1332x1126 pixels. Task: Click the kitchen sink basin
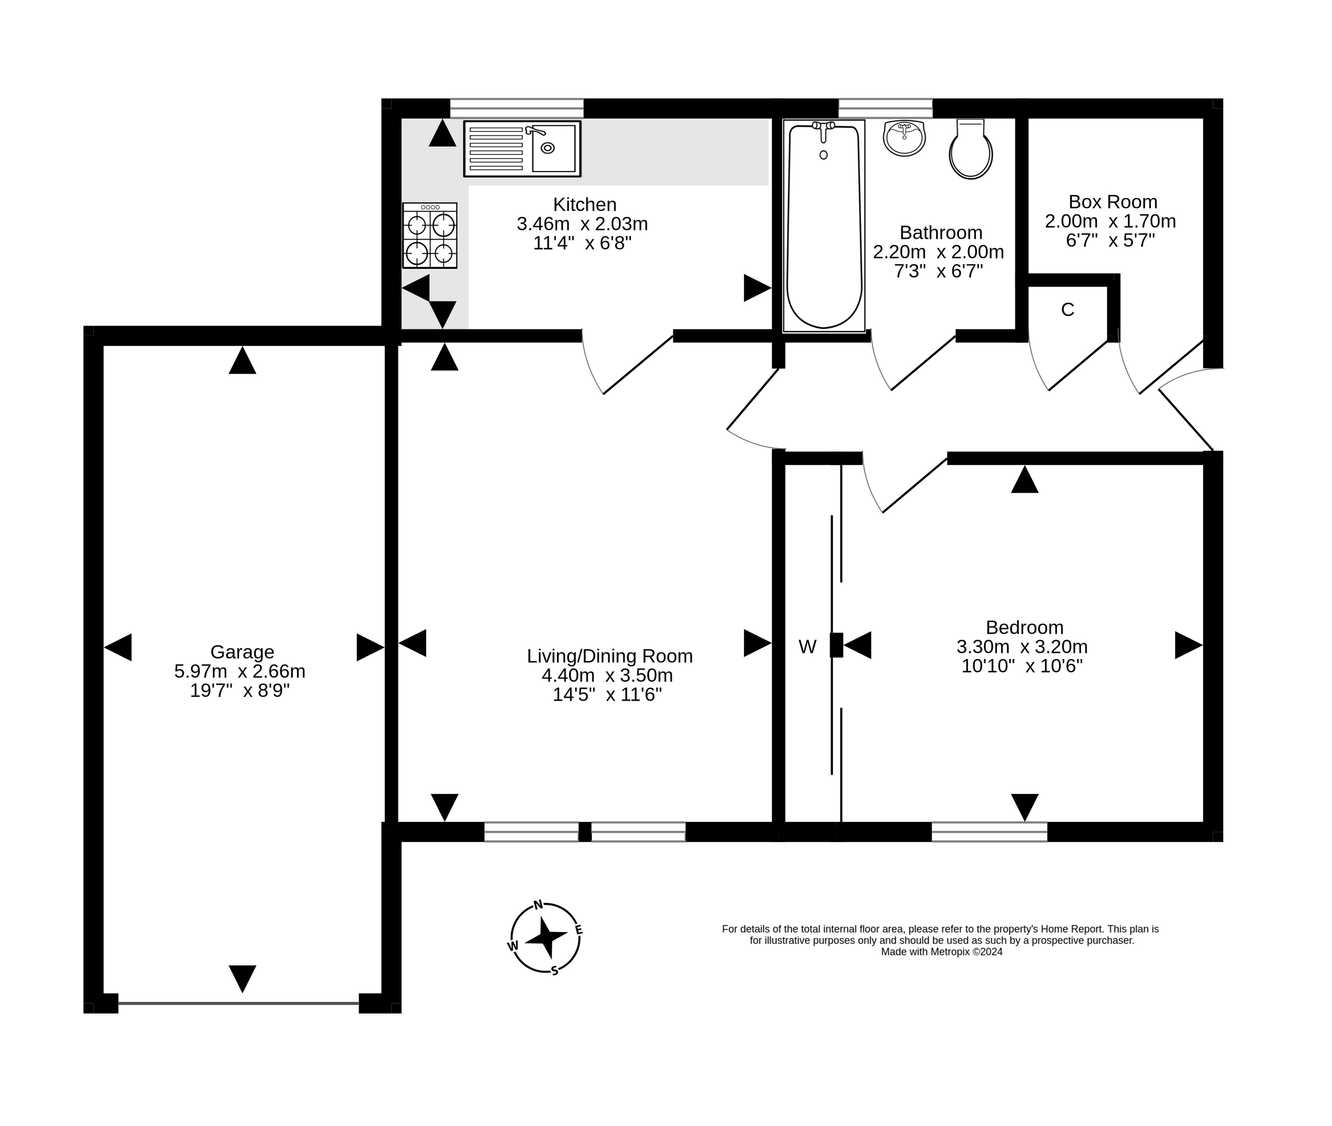tap(553, 148)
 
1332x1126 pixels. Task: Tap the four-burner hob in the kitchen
tap(430, 236)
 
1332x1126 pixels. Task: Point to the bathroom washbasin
tap(904, 138)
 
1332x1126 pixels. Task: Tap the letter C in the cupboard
tap(1067, 310)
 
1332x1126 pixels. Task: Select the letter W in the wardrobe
tap(807, 647)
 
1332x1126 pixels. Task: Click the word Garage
tap(242, 652)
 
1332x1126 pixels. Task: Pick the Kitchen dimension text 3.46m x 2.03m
tap(582, 224)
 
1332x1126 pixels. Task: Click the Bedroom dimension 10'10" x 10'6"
tap(1022, 666)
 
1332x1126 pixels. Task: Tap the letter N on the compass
tap(538, 904)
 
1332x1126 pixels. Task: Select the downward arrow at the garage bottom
tap(242, 978)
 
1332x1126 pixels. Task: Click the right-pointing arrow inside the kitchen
tap(757, 288)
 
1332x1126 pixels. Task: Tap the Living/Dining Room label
tap(609, 656)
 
